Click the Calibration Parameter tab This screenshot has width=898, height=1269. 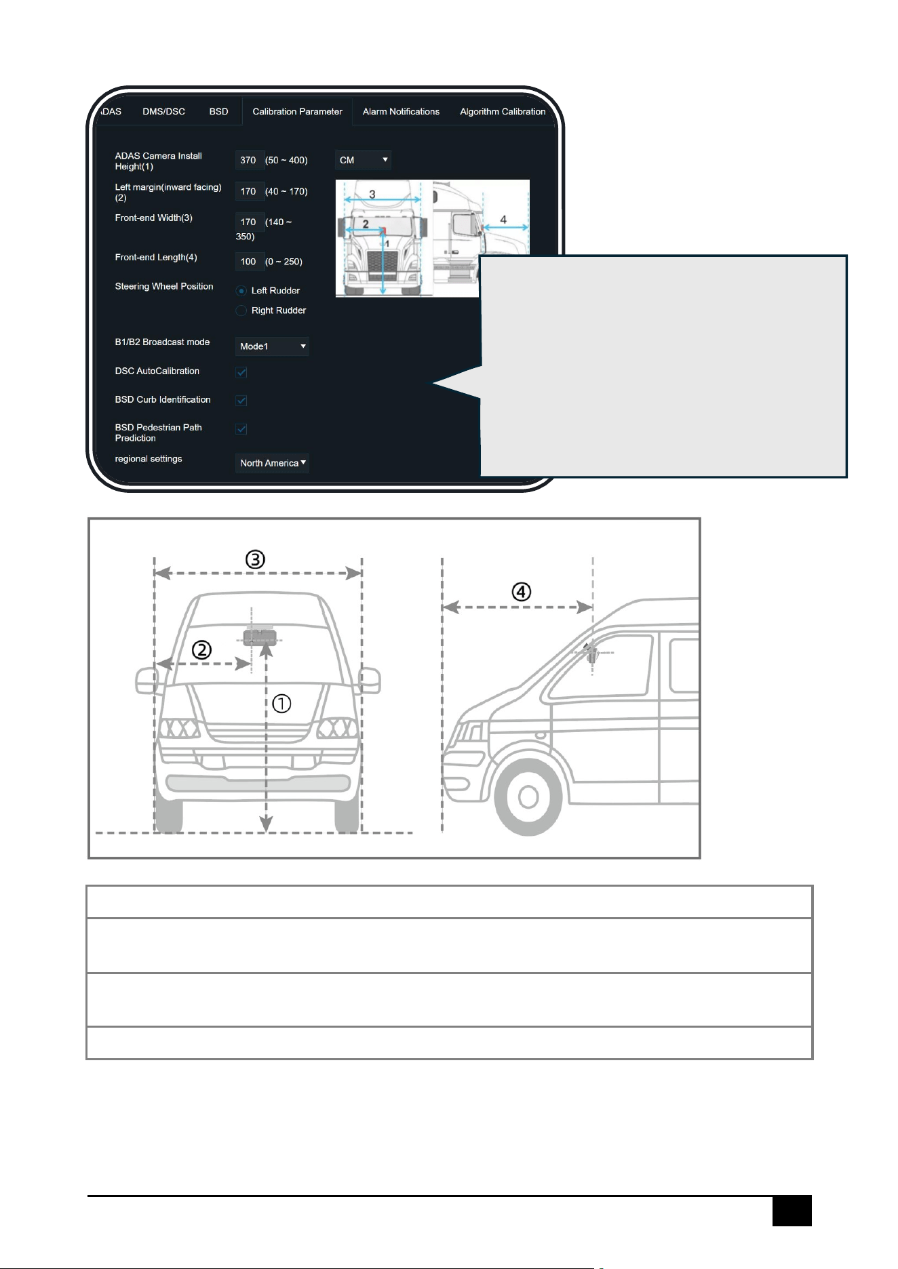(297, 112)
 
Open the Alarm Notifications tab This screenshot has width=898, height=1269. (401, 112)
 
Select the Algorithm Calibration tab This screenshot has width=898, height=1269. (503, 112)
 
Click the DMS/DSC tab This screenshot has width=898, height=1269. (163, 112)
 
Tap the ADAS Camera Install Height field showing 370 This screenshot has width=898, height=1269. (248, 160)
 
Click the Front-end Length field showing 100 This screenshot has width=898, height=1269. (248, 262)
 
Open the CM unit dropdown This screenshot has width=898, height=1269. (364, 160)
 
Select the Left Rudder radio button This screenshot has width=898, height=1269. (241, 291)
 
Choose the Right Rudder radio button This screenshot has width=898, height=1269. (241, 310)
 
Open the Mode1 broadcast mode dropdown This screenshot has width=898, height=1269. (272, 346)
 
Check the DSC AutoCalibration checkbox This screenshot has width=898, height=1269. (241, 372)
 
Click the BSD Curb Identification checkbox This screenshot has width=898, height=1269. (241, 401)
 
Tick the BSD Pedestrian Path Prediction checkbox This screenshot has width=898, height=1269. (241, 429)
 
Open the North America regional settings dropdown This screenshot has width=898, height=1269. (272, 463)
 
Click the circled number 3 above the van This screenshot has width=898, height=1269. (255, 560)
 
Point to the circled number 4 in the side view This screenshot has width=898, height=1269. (521, 592)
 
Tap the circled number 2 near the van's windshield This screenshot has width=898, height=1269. (201, 650)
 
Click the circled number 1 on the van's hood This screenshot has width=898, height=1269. (281, 704)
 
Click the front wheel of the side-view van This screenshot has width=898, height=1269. (528, 797)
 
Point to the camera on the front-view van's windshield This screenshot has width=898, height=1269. (259, 636)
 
